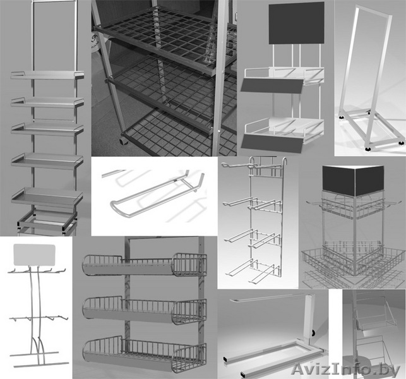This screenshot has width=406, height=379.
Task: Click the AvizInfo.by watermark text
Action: coord(347,370)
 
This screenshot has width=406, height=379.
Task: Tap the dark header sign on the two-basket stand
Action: coord(297,23)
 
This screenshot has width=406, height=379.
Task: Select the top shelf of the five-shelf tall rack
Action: coord(47,75)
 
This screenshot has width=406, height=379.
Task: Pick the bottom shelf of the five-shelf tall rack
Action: coord(47,198)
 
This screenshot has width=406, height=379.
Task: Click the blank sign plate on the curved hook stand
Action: coord(35,255)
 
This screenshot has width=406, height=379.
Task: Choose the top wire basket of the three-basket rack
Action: coord(145,265)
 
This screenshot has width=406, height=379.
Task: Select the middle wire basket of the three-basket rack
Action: coord(145,310)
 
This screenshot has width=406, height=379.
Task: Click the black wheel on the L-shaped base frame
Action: coord(314,333)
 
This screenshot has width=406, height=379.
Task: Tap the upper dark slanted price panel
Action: coord(272,86)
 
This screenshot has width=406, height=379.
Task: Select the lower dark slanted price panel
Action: coord(272,143)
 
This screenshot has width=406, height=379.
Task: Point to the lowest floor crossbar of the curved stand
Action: coord(41,364)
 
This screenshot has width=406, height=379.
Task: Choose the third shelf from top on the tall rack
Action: coord(47,129)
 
